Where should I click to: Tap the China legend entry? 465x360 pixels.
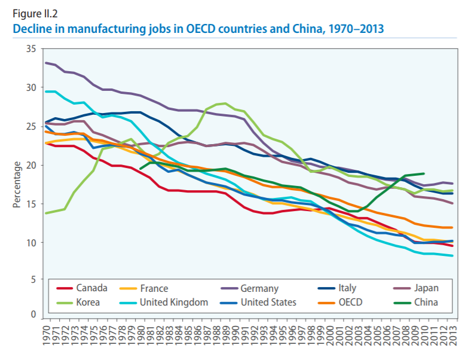pyautogui.click(x=426, y=302)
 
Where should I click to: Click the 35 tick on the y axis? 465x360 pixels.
pyautogui.click(x=31, y=49)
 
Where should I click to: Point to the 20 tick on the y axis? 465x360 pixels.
pyautogui.click(x=31, y=165)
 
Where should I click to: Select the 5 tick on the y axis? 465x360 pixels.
pyautogui.click(x=34, y=279)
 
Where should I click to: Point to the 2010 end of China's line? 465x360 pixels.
pyautogui.click(x=424, y=173)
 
